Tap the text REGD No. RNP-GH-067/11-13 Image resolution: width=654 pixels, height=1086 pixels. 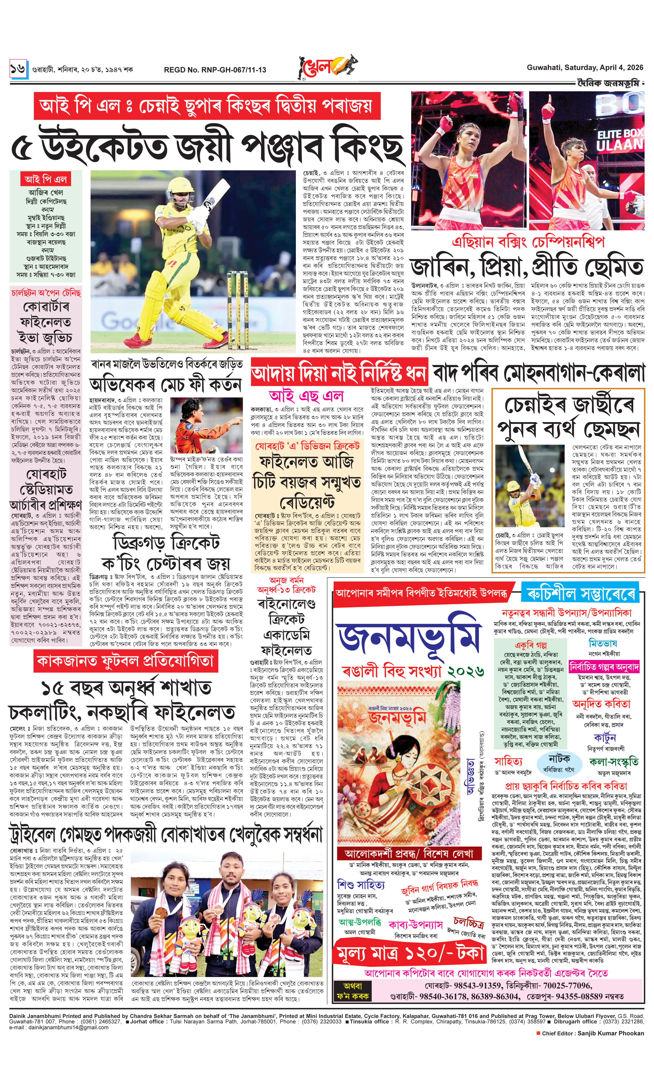point(215,70)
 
